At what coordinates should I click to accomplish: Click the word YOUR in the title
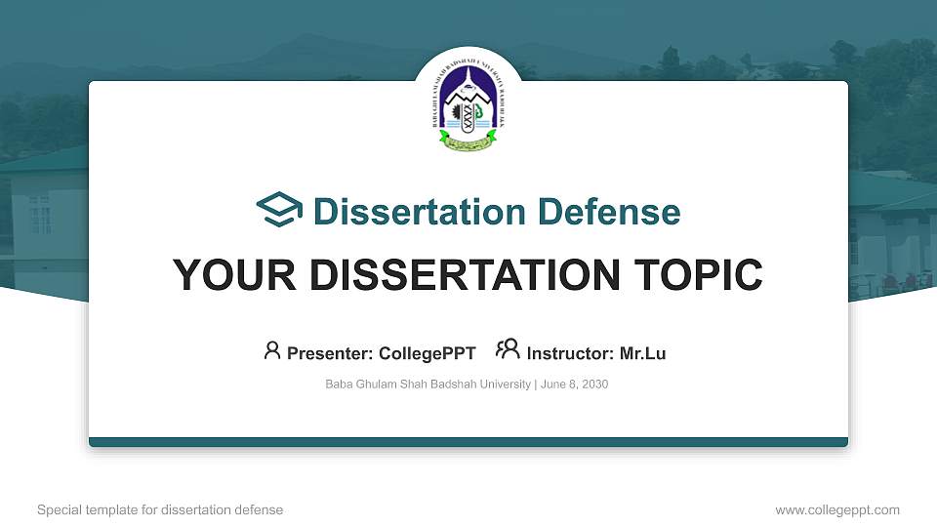point(224,275)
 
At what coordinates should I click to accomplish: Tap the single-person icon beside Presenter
point(272,350)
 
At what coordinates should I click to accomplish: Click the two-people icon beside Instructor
point(508,349)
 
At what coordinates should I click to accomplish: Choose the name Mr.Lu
point(642,353)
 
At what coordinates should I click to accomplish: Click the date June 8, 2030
point(574,385)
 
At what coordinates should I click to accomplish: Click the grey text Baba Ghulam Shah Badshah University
point(428,385)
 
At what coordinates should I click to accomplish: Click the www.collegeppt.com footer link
point(836,509)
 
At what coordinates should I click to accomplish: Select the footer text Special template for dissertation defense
point(160,509)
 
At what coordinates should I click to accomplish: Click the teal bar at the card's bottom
point(468,442)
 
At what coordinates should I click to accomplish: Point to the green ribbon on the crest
point(468,146)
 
